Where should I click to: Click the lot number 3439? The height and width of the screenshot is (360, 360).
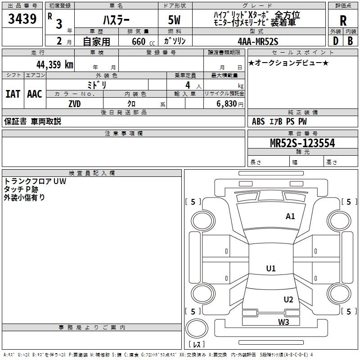22,19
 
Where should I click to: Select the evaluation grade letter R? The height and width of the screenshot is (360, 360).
343,21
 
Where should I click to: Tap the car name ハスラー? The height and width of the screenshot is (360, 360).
116,20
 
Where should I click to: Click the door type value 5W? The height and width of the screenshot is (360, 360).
175,20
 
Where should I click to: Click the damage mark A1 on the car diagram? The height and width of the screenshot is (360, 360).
290,216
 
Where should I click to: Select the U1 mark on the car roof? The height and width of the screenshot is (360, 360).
270,269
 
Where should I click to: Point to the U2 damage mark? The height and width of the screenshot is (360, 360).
288,300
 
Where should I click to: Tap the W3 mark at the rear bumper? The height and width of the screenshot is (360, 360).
283,322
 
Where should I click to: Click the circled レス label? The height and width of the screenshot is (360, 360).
196,345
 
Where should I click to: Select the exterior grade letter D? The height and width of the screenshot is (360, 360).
335,40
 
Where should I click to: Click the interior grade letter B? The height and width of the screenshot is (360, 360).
351,40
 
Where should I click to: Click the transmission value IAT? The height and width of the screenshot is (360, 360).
13,94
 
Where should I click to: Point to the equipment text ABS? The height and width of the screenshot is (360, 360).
258,121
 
